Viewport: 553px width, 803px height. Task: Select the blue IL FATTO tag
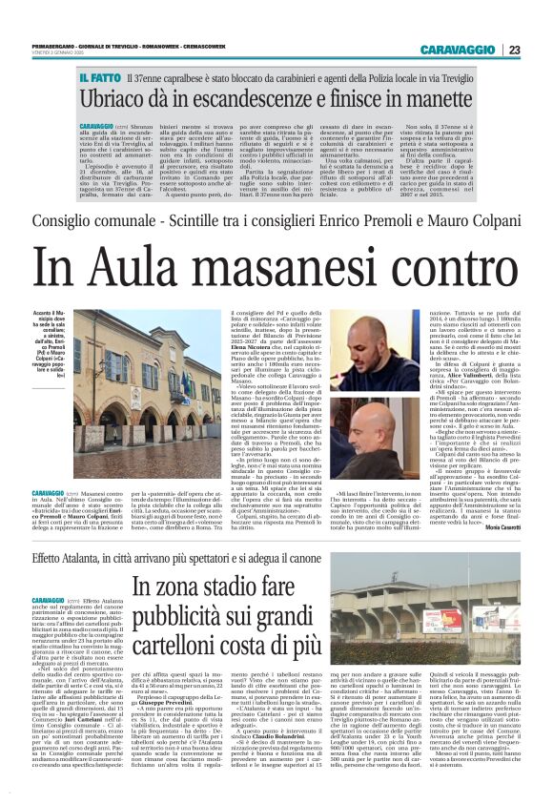[x=100, y=75]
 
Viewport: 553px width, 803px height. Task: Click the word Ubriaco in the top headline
[x=119, y=99]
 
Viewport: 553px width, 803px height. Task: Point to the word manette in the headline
[x=440, y=99]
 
